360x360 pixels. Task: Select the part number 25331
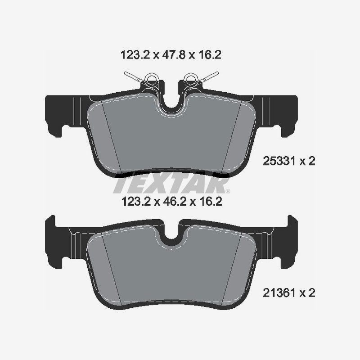278,162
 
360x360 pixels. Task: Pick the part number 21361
278,293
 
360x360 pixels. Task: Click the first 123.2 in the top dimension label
134,55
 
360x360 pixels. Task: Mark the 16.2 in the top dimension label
210,55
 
